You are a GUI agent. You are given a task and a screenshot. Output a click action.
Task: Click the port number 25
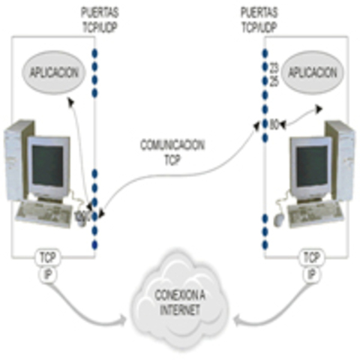274,80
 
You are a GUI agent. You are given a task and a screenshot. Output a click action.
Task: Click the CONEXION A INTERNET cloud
179,304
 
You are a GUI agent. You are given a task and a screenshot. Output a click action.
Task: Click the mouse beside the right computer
280,219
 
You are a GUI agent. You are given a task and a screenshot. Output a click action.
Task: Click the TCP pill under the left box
46,258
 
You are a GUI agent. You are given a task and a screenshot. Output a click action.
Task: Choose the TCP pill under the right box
310,258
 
